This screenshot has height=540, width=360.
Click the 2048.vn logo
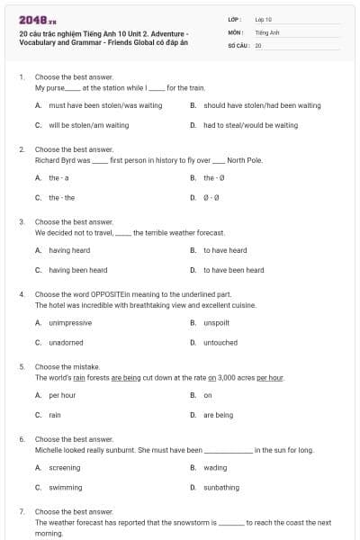pos(32,20)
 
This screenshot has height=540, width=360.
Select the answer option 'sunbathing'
pos(220,487)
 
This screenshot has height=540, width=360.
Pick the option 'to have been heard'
pos(233,270)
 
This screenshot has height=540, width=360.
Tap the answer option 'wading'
pos(215,468)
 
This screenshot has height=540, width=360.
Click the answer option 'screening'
pos(64,468)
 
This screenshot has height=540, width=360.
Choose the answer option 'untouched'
pos(220,342)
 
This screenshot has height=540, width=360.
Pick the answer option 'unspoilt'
pos(216,322)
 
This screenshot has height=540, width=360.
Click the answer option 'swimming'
pos(65,487)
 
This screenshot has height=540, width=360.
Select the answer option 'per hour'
pos(62,395)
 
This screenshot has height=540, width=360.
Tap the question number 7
pos(22,511)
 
